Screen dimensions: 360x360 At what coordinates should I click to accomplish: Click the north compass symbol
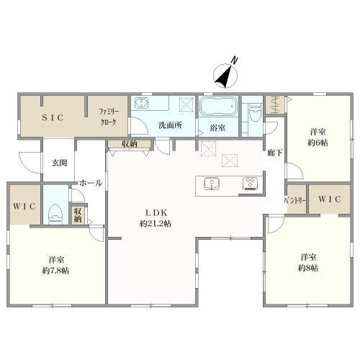(225, 75)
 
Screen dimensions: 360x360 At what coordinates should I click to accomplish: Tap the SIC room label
(53, 117)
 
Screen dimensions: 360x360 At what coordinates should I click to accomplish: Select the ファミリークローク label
(108, 117)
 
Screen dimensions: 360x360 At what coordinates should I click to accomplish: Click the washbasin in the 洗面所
(142, 103)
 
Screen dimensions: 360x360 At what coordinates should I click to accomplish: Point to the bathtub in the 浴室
(218, 106)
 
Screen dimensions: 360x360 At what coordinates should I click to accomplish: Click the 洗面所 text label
(170, 125)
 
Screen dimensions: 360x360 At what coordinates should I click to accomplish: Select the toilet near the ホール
(55, 215)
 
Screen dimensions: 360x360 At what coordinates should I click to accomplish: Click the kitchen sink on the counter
(212, 184)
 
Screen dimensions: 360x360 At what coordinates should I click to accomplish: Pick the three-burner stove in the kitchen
(250, 184)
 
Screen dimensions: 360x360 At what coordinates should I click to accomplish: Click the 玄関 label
(60, 163)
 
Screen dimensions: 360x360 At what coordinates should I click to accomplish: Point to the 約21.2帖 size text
(156, 224)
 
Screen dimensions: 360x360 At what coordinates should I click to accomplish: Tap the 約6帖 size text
(318, 143)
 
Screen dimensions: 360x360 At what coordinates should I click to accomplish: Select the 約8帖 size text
(308, 268)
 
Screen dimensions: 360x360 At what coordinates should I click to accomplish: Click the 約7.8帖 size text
(55, 271)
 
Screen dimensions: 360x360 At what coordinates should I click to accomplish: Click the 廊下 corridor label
(275, 153)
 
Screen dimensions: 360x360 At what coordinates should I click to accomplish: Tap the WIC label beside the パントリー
(329, 199)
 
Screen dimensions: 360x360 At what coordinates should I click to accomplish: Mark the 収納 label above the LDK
(130, 144)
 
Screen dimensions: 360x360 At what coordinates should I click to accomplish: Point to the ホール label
(91, 183)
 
